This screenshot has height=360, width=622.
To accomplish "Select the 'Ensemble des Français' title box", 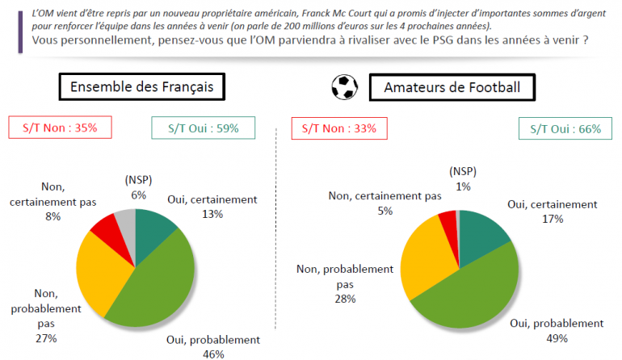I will click(141, 87).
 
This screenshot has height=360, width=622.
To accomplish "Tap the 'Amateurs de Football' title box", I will click(452, 87).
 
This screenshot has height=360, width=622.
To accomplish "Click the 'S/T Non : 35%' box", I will click(59, 128).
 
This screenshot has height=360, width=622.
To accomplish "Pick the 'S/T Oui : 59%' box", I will click(203, 128).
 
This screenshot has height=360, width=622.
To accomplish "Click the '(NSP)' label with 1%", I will click(463, 171).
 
